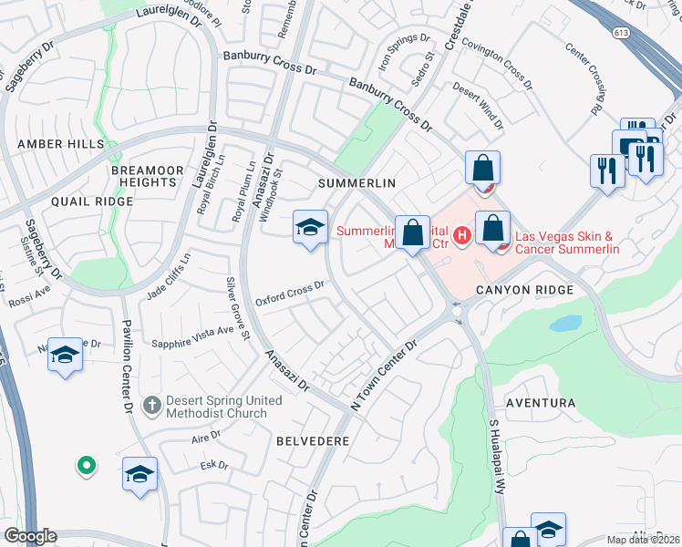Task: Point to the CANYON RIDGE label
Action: (524, 290)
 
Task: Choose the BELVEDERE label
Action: (313, 440)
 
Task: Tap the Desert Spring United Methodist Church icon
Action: (153, 403)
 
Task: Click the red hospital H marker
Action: (462, 237)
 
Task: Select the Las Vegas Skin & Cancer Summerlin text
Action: (567, 243)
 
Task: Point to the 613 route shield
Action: (622, 33)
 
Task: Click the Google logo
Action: (30, 536)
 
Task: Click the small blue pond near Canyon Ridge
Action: (566, 324)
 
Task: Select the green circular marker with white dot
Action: (87, 466)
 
